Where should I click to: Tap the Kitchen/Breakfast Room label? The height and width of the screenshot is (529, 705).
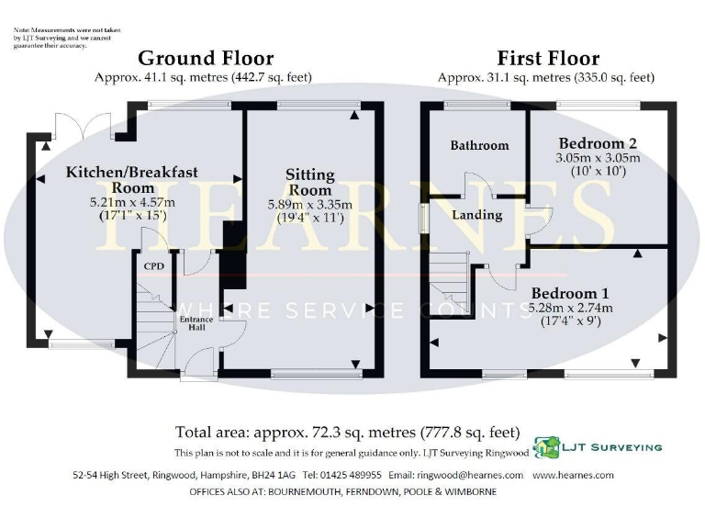point(131,180)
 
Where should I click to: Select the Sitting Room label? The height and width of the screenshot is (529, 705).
point(310,182)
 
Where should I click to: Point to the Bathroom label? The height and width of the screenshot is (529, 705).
point(479,145)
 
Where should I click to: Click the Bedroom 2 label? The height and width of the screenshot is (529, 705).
point(598,143)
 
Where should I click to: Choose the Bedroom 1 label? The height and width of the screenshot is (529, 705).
point(571,293)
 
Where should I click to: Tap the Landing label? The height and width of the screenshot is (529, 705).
point(477,215)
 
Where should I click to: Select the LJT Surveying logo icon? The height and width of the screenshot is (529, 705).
point(549,447)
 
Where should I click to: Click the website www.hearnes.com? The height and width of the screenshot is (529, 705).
point(573,476)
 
